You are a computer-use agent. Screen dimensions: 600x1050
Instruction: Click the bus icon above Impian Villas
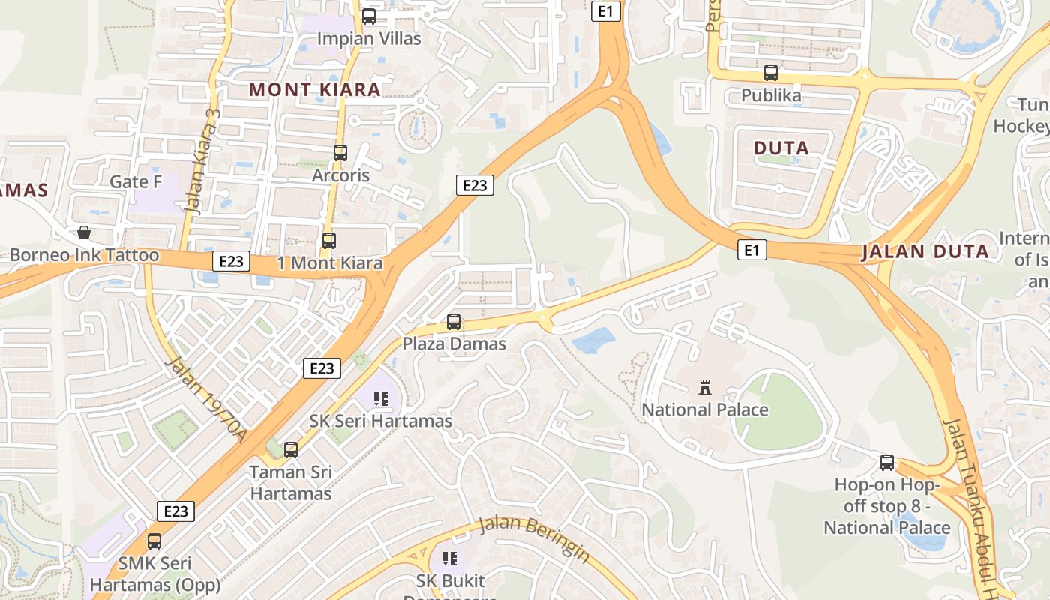pos(369,16)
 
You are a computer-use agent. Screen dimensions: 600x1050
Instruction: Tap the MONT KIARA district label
pos(315,89)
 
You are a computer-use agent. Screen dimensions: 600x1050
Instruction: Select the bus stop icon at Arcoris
pos(340,153)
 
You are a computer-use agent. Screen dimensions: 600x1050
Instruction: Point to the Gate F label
pos(136,181)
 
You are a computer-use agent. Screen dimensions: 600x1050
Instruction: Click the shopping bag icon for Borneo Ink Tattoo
pos(84,232)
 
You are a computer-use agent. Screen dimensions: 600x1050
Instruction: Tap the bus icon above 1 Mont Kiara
pos(329,241)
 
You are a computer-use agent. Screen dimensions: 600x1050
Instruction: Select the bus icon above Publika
pos(771,73)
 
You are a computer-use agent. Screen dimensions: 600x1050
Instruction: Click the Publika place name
pos(771,95)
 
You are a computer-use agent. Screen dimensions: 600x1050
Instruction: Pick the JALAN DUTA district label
pos(925,251)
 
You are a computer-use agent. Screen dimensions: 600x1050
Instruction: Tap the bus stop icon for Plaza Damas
pos(454,322)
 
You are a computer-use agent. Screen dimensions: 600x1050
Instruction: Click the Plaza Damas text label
pos(454,343)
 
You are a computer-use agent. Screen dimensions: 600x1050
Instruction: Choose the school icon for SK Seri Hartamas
pos(381,399)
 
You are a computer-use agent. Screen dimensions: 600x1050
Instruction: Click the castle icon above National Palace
pos(705,388)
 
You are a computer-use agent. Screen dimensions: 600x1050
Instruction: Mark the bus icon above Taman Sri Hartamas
pos(291,450)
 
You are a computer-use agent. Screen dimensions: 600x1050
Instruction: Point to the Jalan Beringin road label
pos(534,538)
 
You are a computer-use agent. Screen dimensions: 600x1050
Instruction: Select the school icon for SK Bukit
pos(450,558)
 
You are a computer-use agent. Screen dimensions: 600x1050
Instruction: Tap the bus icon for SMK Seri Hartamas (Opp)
pos(154,541)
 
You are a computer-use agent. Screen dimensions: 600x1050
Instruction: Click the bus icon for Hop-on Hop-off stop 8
pos(887,463)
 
